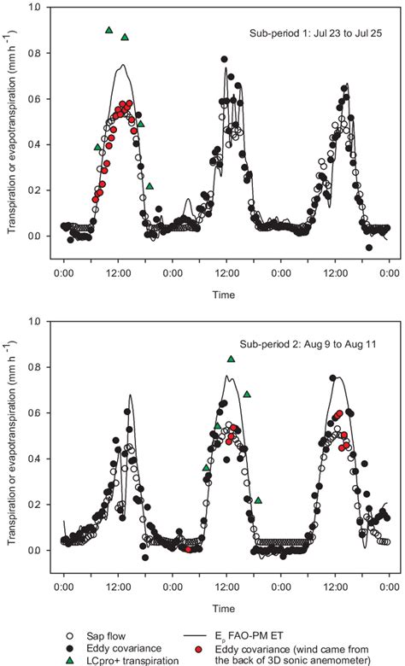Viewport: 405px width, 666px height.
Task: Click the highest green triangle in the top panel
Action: (109, 30)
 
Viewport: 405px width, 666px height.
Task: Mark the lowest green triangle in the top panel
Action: (150, 186)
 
